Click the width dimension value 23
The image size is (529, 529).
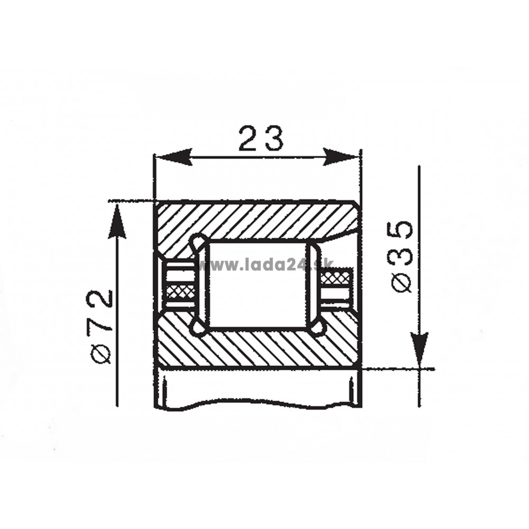pyautogui.click(x=261, y=138)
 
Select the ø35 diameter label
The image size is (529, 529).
pyautogui.click(x=402, y=257)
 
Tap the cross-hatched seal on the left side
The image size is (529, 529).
pyautogui.click(x=182, y=291)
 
